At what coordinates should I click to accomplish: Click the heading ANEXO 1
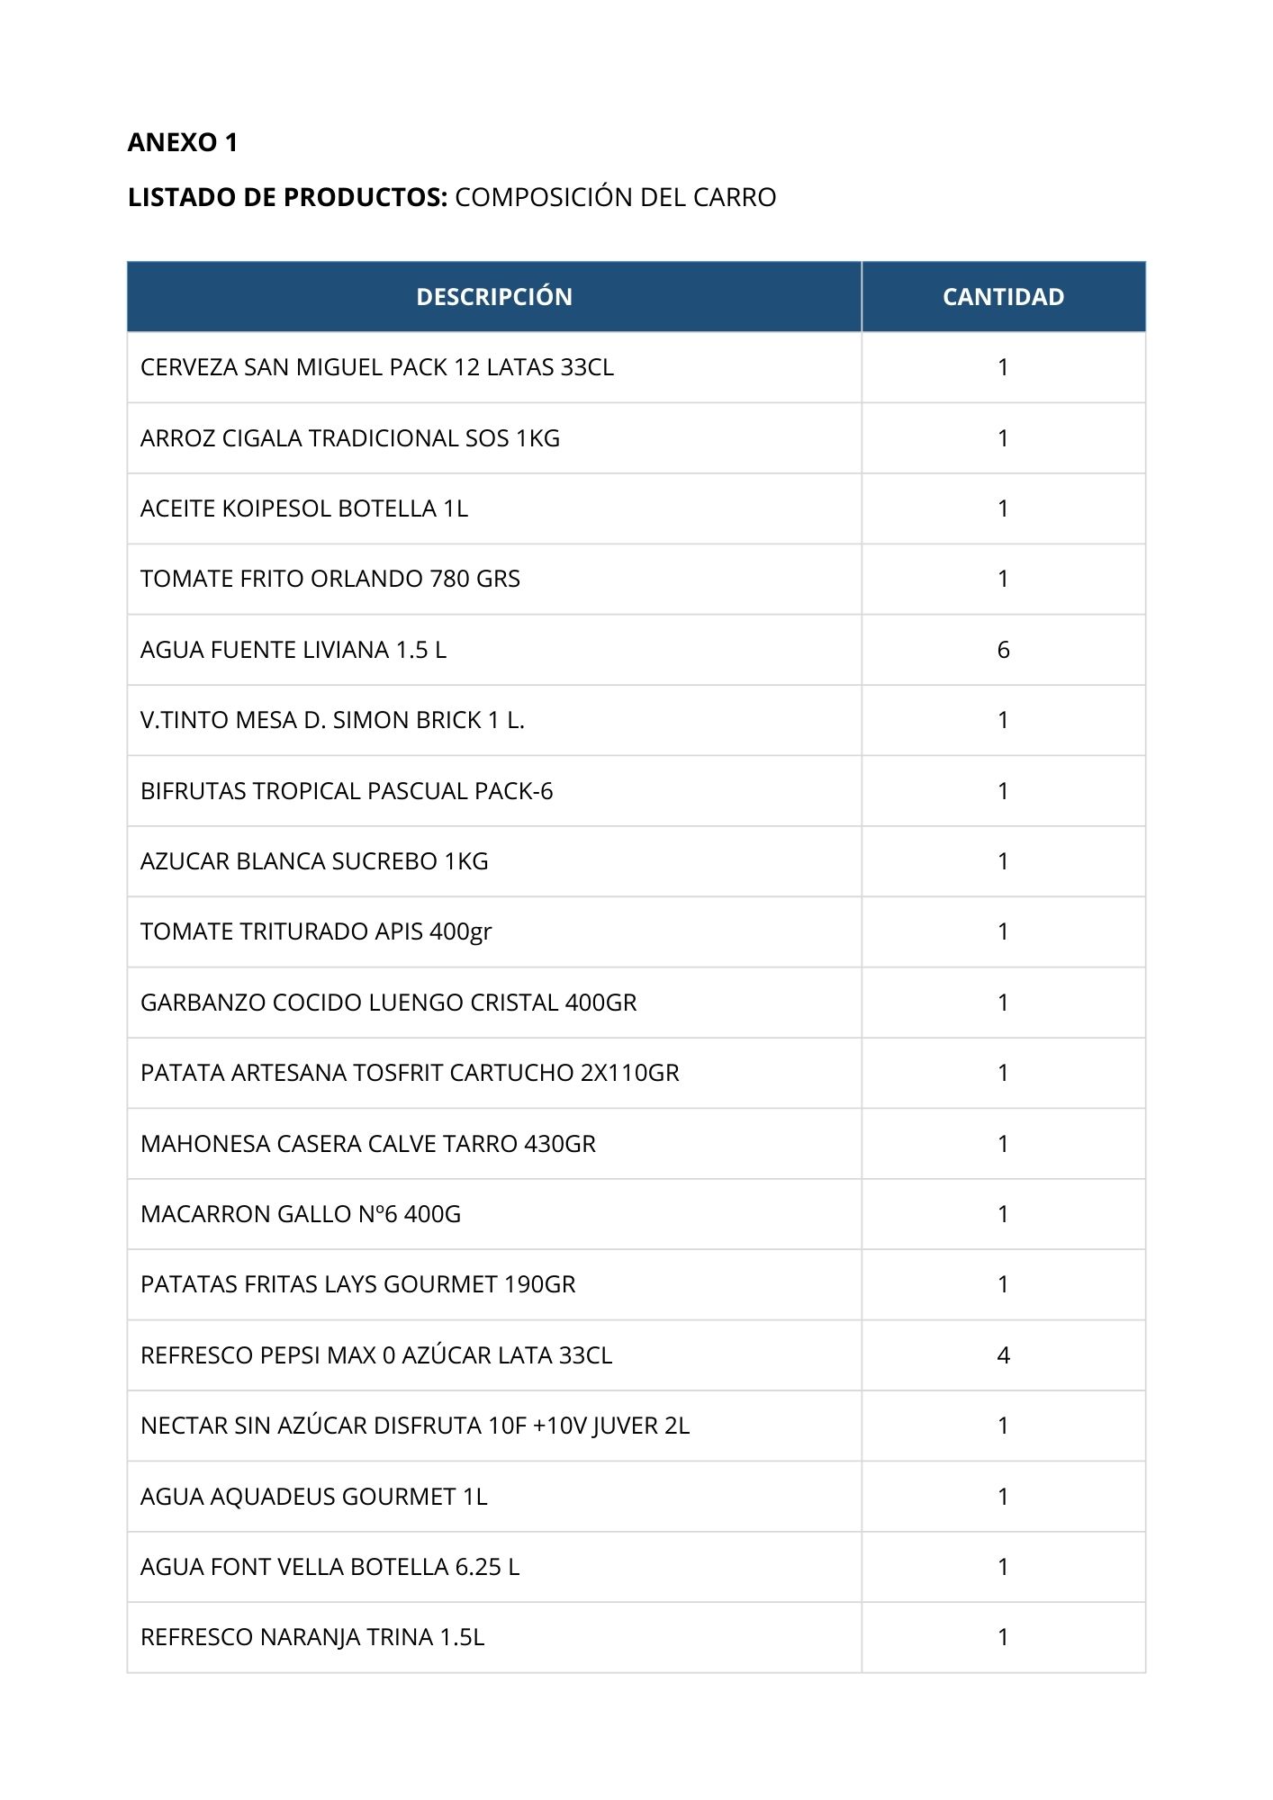click(183, 142)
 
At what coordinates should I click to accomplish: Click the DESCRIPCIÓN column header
click(493, 297)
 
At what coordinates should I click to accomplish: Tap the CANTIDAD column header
click(1003, 297)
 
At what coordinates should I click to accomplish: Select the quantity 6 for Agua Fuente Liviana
click(1003, 650)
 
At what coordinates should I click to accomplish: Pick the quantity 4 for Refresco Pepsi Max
click(1003, 1355)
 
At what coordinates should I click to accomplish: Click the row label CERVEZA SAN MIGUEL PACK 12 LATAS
click(376, 367)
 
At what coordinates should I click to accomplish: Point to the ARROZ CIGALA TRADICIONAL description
click(349, 438)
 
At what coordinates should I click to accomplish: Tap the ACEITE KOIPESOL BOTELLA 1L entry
click(303, 508)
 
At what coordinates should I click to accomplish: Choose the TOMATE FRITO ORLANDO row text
click(330, 579)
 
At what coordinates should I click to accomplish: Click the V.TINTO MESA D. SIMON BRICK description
click(331, 720)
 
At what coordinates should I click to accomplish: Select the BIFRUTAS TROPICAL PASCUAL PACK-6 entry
click(346, 791)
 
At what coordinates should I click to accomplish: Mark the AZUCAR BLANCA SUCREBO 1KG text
click(313, 861)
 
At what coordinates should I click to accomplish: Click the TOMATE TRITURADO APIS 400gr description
click(315, 931)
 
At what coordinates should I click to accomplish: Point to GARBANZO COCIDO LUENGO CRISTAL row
click(388, 1003)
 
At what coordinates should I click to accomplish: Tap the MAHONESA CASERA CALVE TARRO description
click(367, 1144)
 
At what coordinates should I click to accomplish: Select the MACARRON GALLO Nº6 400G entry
click(300, 1214)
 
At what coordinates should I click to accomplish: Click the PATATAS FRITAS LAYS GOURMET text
click(357, 1284)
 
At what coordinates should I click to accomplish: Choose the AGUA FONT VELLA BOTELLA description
click(330, 1567)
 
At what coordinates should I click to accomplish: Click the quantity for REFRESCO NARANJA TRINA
click(1003, 1637)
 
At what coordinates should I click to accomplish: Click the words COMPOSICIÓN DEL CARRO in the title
click(615, 197)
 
